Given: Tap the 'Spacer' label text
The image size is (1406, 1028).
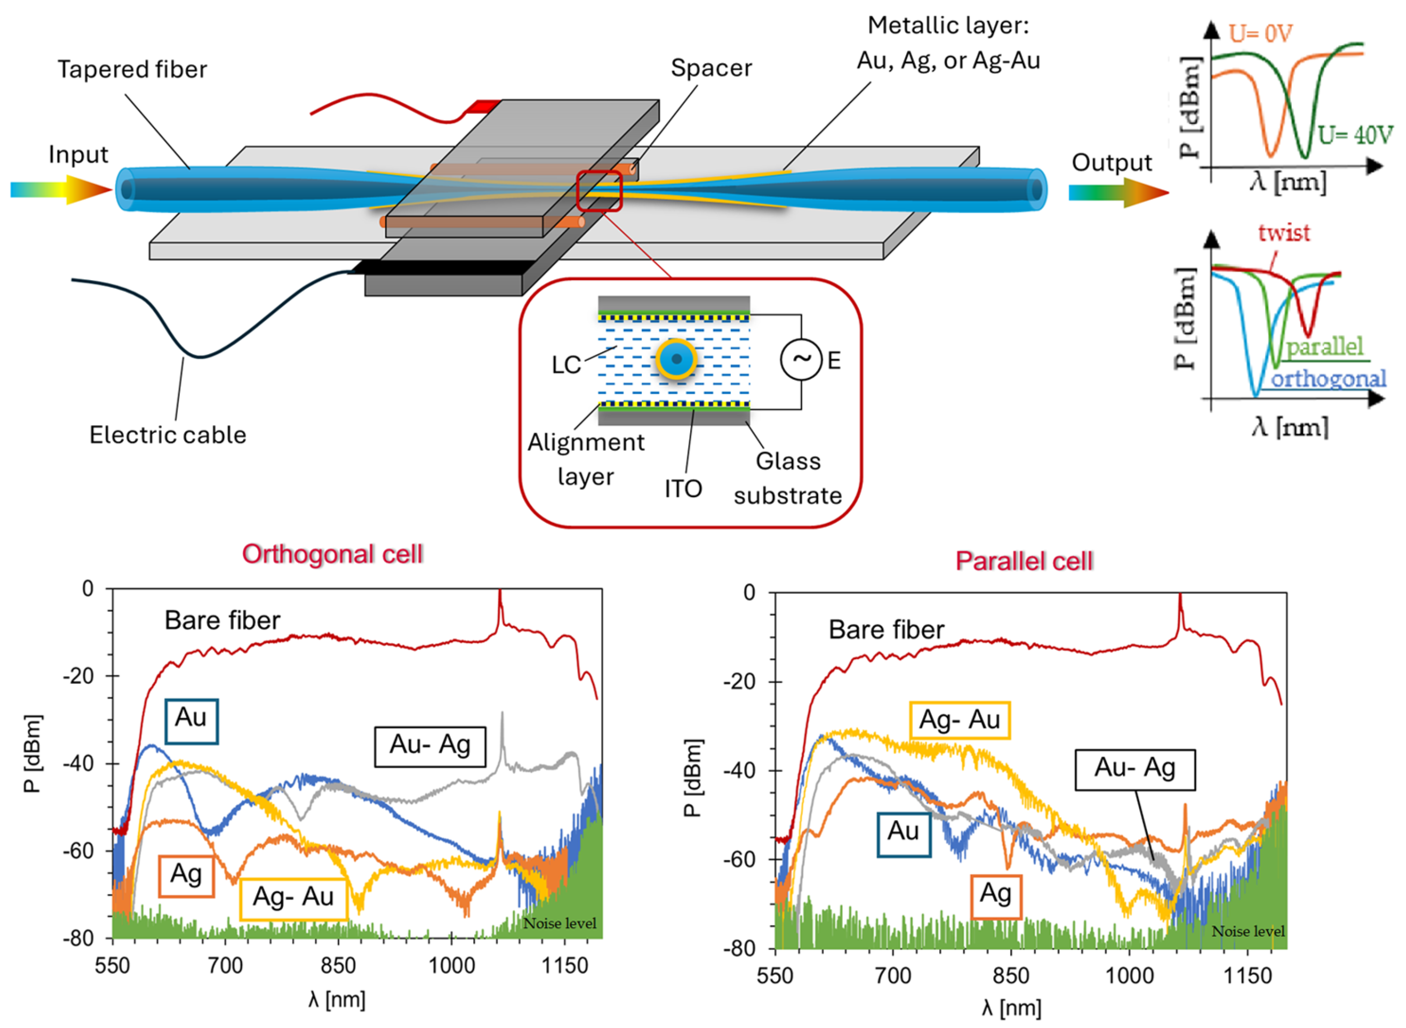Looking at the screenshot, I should click(711, 68).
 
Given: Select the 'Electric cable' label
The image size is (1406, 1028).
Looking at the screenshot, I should click(168, 434).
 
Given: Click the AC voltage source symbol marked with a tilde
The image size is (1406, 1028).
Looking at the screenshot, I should click(801, 359).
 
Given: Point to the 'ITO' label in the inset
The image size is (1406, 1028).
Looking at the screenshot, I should click(683, 489).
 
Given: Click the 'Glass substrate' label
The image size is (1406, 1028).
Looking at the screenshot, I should click(788, 478).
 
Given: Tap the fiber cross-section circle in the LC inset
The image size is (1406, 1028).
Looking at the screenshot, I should click(676, 359).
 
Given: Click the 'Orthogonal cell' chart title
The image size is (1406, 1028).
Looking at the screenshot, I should click(332, 553).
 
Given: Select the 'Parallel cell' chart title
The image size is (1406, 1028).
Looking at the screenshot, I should click(1024, 561).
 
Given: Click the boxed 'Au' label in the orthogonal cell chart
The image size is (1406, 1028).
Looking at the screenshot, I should click(191, 721).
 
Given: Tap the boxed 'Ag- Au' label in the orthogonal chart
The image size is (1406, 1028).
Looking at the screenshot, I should click(293, 897).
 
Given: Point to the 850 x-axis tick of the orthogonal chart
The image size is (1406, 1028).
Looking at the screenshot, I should click(338, 966).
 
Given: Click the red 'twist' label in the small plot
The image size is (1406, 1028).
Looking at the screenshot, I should click(1283, 233).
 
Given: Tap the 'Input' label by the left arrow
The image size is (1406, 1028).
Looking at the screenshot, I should click(79, 154).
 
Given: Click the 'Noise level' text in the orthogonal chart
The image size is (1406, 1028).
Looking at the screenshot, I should click(559, 923).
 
